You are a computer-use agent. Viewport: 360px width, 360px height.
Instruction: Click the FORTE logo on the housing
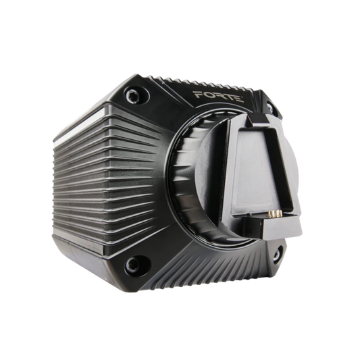(x=218, y=97)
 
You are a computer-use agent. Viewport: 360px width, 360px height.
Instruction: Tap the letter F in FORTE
(x=197, y=95)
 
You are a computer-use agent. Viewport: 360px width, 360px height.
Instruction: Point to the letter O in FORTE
(x=207, y=95)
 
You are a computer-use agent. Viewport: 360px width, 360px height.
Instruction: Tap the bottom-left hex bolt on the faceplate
(x=133, y=263)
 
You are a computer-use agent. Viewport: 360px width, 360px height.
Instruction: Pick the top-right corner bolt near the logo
(x=270, y=108)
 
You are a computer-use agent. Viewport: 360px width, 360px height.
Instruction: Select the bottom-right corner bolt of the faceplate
(x=278, y=253)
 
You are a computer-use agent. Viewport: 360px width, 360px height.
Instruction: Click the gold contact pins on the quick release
(x=275, y=213)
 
